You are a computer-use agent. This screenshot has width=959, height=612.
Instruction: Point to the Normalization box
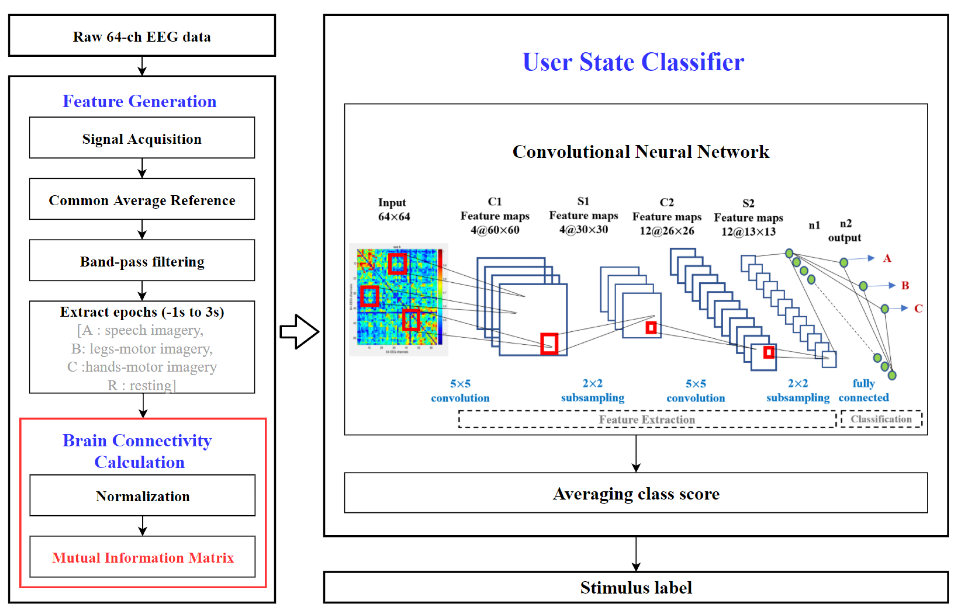point(143,496)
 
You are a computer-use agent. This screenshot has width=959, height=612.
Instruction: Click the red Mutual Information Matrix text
point(143,557)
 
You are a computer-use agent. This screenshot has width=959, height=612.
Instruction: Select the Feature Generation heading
point(139,101)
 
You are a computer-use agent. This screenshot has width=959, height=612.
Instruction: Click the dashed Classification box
point(881,419)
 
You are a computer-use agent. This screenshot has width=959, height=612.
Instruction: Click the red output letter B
point(905,285)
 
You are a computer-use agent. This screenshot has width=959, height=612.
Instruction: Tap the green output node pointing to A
point(844,262)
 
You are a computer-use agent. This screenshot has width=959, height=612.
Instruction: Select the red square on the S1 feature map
point(651,328)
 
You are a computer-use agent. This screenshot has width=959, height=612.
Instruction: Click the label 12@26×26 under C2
point(667,231)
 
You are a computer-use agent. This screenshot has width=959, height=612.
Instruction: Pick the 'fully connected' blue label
point(863,390)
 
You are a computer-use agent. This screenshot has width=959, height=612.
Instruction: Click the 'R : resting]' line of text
point(142,385)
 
